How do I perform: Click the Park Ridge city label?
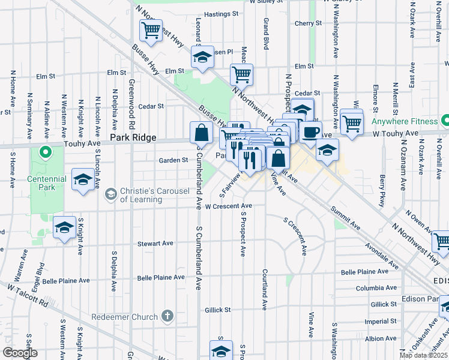tap(133, 138)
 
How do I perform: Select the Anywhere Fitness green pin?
tap(445, 121)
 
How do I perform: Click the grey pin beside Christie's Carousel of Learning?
tap(110, 193)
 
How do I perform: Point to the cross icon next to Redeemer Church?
tap(167, 316)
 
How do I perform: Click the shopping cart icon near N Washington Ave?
tap(352, 122)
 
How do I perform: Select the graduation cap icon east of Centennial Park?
tap(82, 179)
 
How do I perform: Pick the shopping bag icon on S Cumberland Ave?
tap(201, 132)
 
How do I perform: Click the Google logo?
tap(20, 353)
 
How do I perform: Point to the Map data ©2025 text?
tap(424, 355)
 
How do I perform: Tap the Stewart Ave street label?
tap(155, 244)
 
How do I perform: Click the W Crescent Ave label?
tap(228, 206)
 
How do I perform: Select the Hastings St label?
tap(221, 13)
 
